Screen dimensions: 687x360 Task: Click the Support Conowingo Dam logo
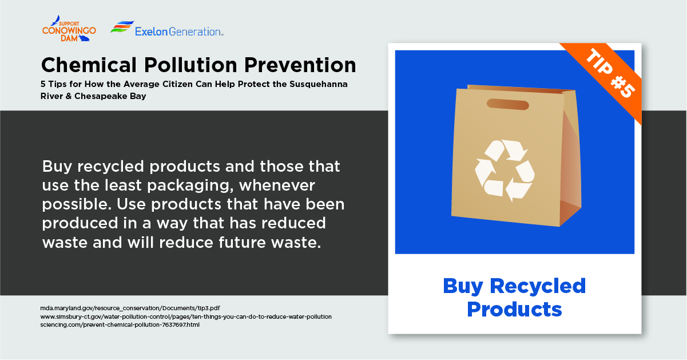coord(69,29)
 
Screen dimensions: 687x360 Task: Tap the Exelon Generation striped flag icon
coord(122,27)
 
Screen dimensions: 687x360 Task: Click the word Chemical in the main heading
coord(89,65)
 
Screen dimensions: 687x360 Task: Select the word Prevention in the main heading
coord(300,65)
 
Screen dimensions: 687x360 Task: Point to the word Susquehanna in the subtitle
coord(319,84)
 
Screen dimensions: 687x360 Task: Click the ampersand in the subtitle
coord(69,96)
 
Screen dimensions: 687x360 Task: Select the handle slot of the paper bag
coord(507,104)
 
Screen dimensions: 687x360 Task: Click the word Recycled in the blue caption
coord(538,287)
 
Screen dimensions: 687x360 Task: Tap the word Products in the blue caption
coord(514,310)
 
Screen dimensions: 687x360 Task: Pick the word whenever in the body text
coord(277,185)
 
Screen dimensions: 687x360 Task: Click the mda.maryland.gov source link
coord(130,308)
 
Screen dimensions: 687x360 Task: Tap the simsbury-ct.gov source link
coord(186,317)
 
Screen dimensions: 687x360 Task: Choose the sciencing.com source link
coord(120,325)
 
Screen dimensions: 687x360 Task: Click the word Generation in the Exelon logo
coord(196,31)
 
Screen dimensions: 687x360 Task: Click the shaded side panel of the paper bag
coord(571,160)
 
